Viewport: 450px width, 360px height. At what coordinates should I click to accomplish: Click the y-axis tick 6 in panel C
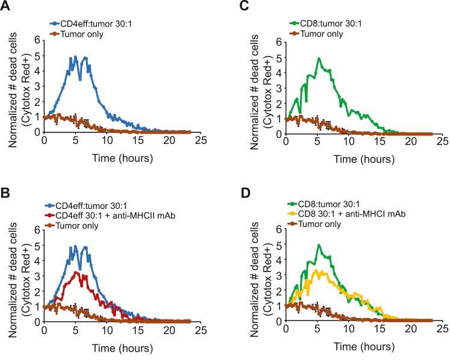[279, 42]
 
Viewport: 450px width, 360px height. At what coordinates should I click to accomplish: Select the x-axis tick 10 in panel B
[106, 330]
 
